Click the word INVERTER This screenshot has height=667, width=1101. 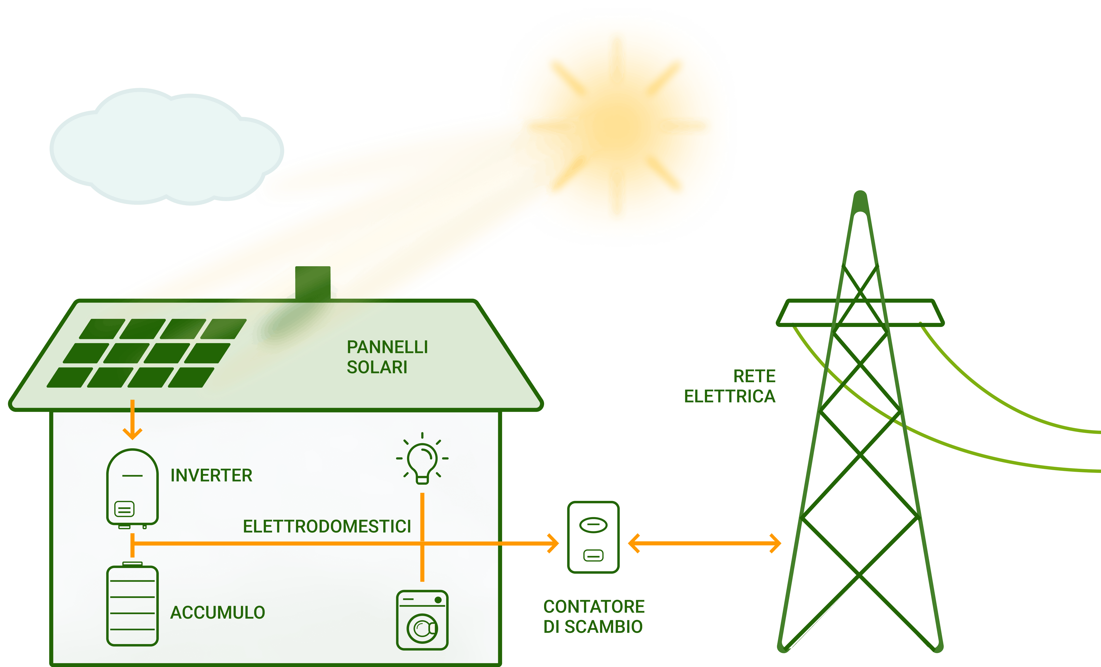pos(211,475)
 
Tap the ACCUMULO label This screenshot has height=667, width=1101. pos(218,612)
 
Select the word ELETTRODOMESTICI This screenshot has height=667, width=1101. pos(327,526)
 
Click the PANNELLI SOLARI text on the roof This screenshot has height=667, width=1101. pos(387,357)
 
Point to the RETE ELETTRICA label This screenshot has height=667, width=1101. pos(730,386)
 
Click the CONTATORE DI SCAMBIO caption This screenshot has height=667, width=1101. pos(593,616)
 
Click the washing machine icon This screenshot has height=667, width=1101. pos(422,620)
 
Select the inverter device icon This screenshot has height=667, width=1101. pos(132,487)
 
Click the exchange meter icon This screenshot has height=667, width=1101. pos(593,537)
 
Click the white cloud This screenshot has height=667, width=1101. pos(165,148)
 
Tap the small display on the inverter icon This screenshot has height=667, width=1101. pos(124,509)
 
